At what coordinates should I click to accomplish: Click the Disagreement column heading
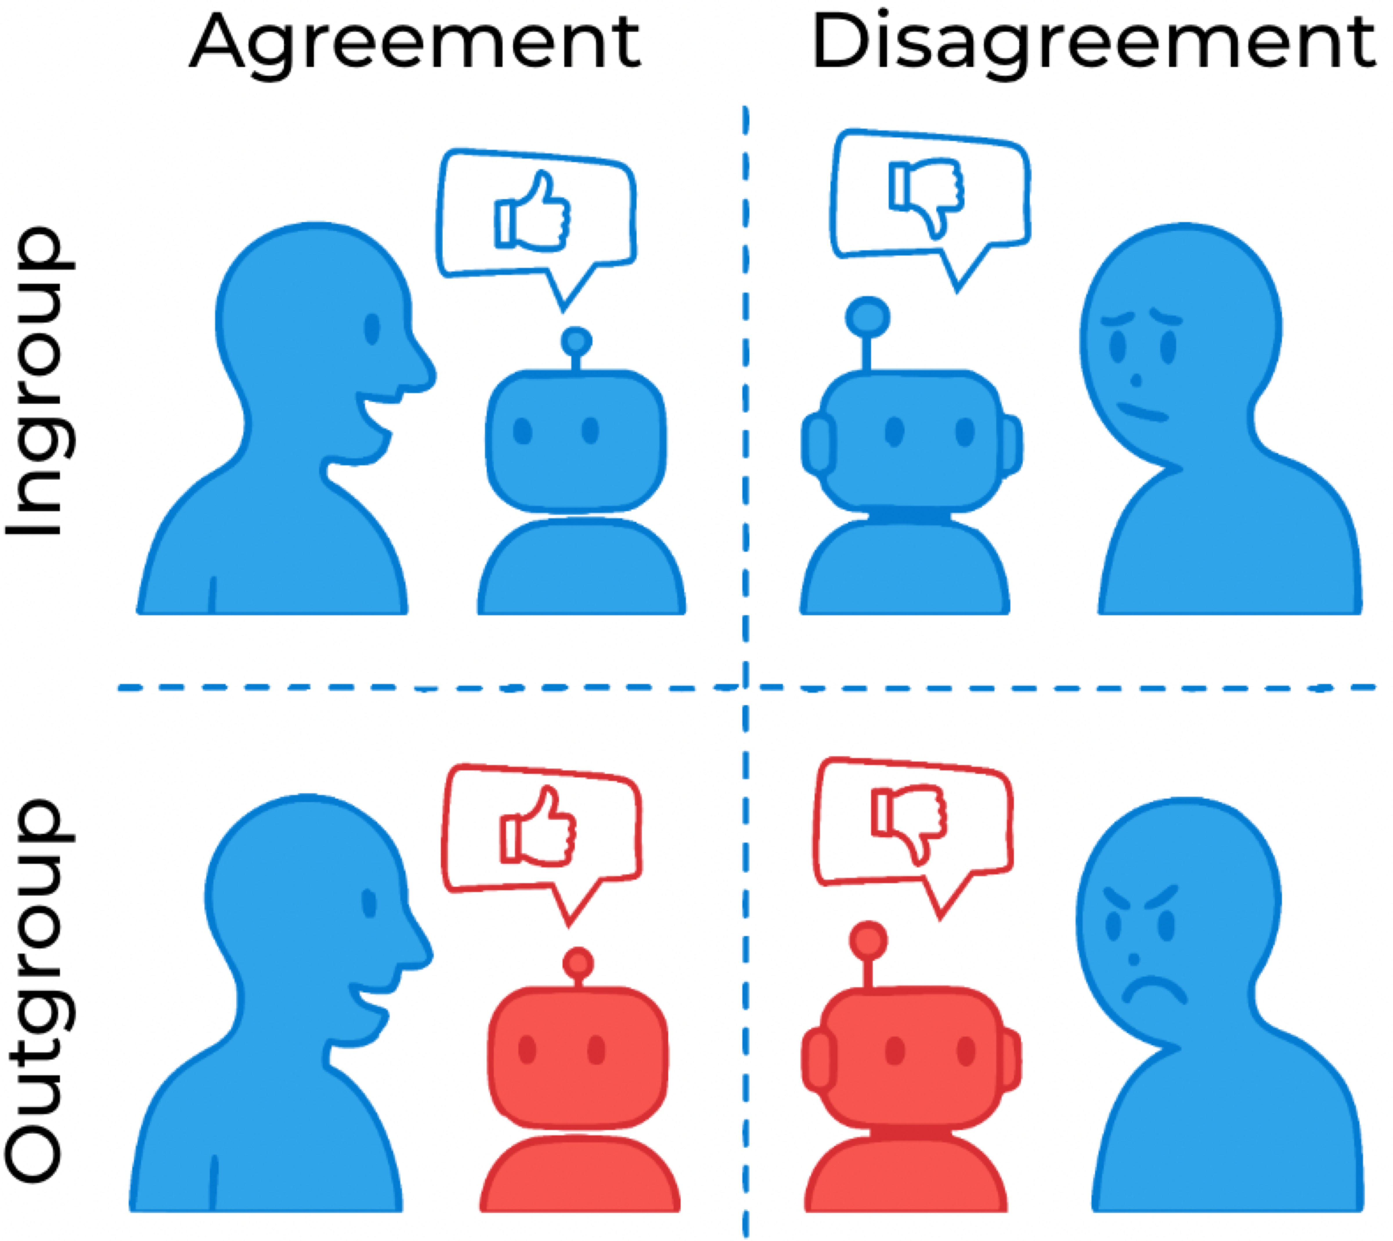[1093, 42]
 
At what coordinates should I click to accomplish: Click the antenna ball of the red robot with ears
[868, 941]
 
